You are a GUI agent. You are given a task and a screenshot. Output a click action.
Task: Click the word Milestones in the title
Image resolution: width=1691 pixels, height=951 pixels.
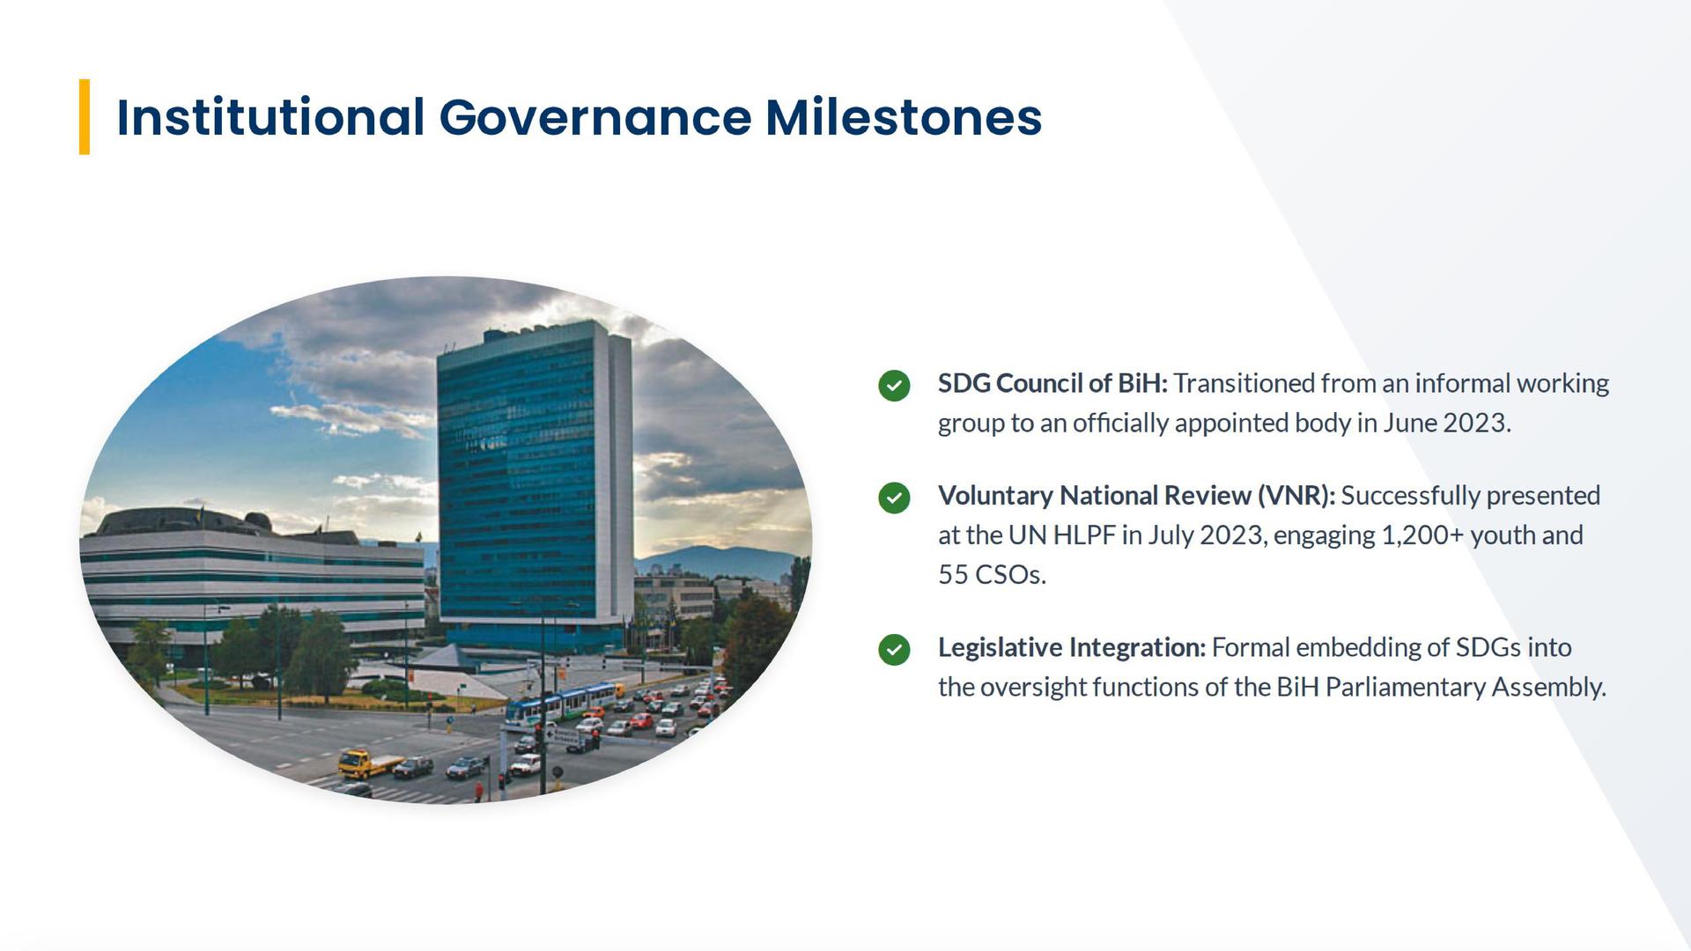[x=904, y=117]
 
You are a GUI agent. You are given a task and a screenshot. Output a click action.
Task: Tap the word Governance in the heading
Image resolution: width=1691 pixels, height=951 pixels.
[x=595, y=117]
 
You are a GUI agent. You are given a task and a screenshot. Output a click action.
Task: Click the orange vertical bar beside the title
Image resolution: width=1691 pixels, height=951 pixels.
[x=85, y=117]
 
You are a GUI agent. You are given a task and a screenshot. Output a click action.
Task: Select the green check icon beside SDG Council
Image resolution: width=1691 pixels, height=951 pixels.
[x=894, y=386]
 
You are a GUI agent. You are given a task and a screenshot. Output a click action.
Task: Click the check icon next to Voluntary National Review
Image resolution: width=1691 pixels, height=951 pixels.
[x=894, y=498]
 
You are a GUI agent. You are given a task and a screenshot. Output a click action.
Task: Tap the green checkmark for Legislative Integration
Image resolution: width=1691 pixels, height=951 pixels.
[x=894, y=650]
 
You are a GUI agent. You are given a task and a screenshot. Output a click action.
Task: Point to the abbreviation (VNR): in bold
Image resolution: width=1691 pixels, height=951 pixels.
[x=1296, y=496]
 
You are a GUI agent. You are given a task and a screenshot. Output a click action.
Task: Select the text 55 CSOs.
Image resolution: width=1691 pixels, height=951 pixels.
[x=993, y=575]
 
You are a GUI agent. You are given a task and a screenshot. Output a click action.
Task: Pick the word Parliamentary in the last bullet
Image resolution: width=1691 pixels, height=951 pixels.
[x=1405, y=687]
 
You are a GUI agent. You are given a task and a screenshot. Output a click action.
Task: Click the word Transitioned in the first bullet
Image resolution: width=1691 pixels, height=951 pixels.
[x=1244, y=384]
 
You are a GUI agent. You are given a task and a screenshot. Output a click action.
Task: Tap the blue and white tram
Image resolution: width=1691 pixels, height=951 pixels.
[x=561, y=704]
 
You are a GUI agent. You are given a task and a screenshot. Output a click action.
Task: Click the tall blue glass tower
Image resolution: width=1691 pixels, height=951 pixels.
[x=534, y=484]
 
